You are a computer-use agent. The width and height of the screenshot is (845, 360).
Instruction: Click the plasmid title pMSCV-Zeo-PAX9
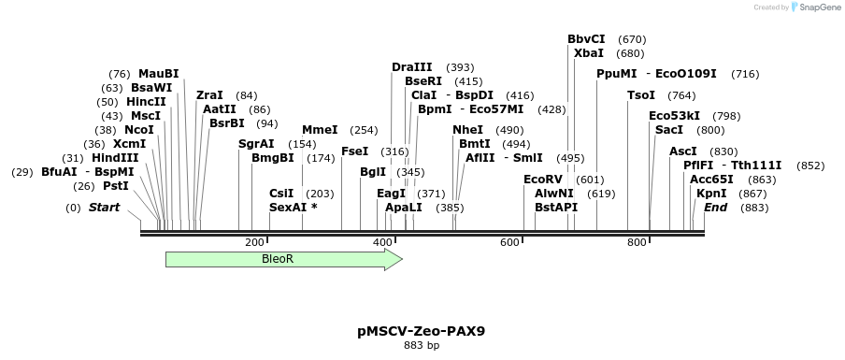(x=421, y=330)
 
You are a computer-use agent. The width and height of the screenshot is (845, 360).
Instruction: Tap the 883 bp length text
(x=421, y=345)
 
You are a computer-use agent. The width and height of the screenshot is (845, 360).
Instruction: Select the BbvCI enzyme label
(x=586, y=39)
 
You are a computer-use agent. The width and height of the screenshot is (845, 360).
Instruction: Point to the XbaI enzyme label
(x=589, y=53)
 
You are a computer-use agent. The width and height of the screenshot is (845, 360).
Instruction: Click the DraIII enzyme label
(x=412, y=67)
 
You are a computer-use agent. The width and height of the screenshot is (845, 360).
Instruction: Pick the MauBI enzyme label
(x=158, y=74)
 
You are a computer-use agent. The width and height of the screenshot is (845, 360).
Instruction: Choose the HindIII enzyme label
(x=115, y=158)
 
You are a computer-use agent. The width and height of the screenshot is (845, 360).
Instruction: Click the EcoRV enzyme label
(x=542, y=179)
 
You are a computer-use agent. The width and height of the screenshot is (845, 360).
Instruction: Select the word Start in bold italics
(x=104, y=208)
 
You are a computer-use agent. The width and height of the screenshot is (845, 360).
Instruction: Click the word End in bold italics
(x=715, y=207)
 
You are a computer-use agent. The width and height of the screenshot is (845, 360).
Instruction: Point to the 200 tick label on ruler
(x=254, y=243)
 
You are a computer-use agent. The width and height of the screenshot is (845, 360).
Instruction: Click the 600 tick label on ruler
(x=509, y=243)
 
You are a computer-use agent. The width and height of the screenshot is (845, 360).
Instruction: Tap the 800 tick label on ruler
(x=637, y=243)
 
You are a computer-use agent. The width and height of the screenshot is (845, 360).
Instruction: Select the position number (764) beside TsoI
(x=681, y=95)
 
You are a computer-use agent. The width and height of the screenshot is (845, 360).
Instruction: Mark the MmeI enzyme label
(x=320, y=130)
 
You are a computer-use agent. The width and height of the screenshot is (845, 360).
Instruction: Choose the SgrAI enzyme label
(x=256, y=144)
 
